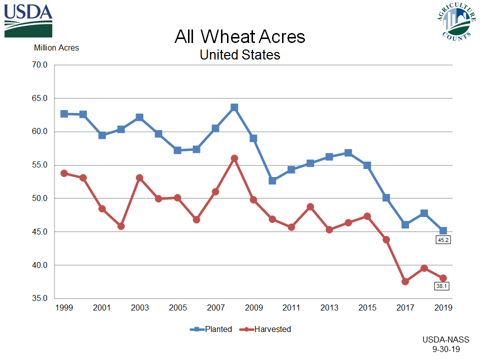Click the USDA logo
(x=28, y=20)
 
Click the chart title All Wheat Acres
(x=239, y=36)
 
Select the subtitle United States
(x=239, y=54)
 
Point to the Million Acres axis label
(x=56, y=48)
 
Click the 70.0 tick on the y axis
(x=38, y=65)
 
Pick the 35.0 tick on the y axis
(x=38, y=298)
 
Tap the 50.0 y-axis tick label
(x=38, y=198)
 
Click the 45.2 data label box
(x=443, y=240)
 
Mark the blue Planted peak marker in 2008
(x=234, y=107)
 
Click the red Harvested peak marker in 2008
(x=234, y=158)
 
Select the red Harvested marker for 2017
(x=405, y=281)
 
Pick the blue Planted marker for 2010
(x=272, y=180)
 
